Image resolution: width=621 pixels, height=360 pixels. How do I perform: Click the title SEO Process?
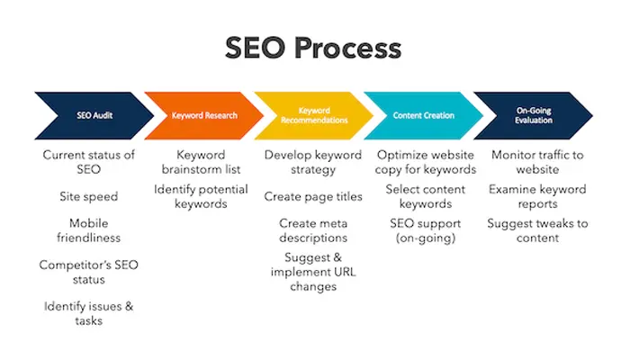(310, 48)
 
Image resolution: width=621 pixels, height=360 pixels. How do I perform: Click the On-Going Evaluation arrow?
(531, 115)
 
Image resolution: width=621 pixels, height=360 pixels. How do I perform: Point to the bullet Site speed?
(88, 195)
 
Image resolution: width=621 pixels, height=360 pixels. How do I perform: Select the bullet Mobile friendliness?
(88, 230)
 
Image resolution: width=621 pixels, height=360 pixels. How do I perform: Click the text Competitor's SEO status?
(88, 272)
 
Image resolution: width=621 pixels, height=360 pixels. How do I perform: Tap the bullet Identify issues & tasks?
(88, 313)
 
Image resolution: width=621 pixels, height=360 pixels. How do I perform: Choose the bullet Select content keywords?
(425, 196)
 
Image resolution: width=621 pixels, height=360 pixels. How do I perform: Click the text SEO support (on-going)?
(425, 230)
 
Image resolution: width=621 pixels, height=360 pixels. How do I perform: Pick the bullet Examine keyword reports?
(537, 196)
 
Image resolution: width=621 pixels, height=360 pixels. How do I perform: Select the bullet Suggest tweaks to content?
(537, 230)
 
